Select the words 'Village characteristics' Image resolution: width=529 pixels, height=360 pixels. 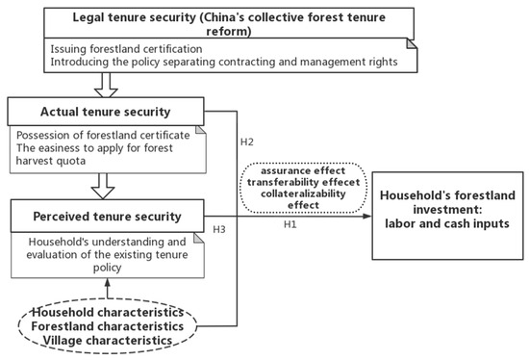(114, 340)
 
